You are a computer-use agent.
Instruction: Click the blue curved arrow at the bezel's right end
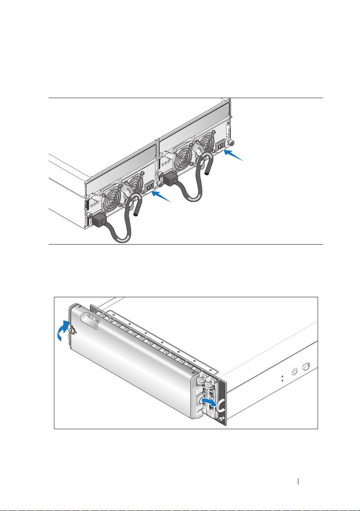pyautogui.click(x=209, y=402)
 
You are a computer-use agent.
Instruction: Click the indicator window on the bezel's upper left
pyautogui.click(x=92, y=319)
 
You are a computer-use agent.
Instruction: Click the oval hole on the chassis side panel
pyautogui.click(x=306, y=367)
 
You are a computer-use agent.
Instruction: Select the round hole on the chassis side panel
pyautogui.click(x=294, y=372)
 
